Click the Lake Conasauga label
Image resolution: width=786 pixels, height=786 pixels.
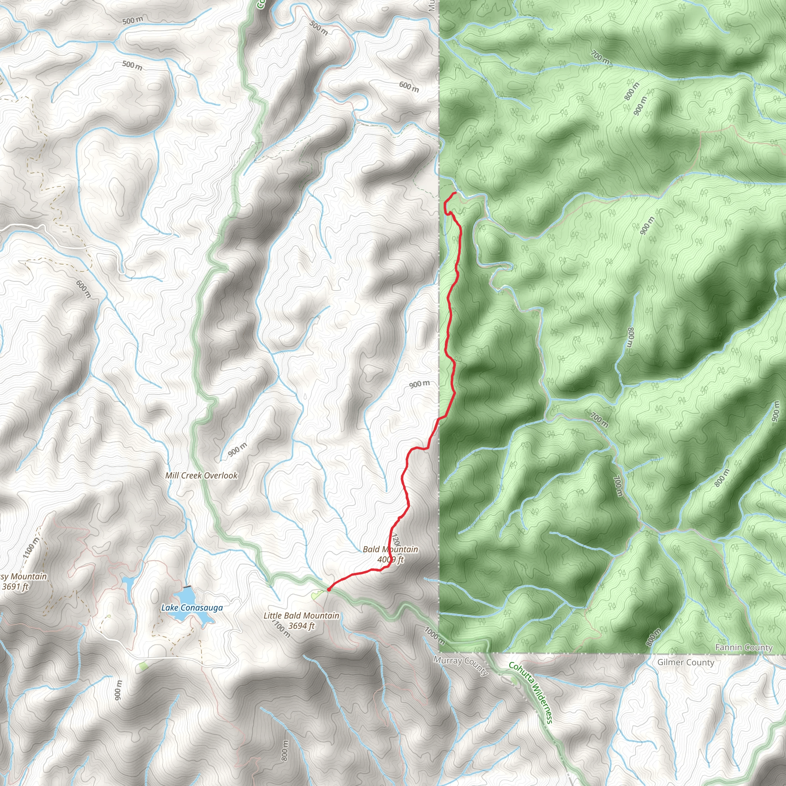pyautogui.click(x=192, y=608)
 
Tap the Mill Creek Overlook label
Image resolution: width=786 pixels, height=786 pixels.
pyautogui.click(x=201, y=476)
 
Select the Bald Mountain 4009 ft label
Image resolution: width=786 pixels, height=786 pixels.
pyautogui.click(x=390, y=555)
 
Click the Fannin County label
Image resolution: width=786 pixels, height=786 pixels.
pyautogui.click(x=743, y=647)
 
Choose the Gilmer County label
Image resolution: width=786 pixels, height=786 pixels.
pyautogui.click(x=685, y=662)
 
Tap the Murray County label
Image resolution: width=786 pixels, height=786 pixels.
pyautogui.click(x=461, y=665)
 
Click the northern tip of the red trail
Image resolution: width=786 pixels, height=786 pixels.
pyautogui.click(x=454, y=193)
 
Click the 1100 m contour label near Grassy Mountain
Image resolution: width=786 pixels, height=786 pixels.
pyautogui.click(x=31, y=548)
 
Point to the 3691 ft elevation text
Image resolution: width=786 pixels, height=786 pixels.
pyautogui.click(x=15, y=587)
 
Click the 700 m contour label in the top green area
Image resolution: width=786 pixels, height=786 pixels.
pyautogui.click(x=601, y=57)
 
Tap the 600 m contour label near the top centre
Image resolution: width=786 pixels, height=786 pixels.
pyautogui.click(x=408, y=86)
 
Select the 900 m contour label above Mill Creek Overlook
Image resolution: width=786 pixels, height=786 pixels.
pyautogui.click(x=238, y=449)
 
